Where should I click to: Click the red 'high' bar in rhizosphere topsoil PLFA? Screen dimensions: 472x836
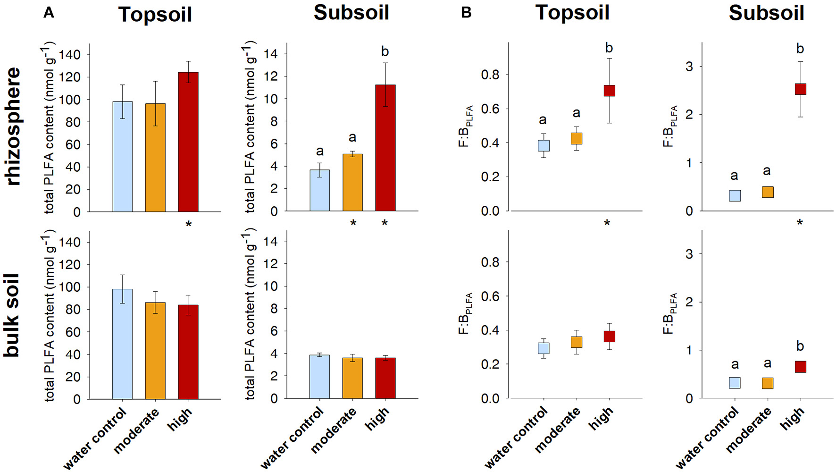pos(188,142)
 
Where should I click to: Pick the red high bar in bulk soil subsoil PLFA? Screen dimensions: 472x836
pos(385,378)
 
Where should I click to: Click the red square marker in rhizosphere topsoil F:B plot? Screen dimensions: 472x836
pos(609,91)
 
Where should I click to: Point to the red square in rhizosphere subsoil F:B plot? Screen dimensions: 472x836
pos(800,89)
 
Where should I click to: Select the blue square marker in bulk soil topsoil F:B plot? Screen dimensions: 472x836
pos(543,348)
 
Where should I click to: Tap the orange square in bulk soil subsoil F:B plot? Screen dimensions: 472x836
pos(767,383)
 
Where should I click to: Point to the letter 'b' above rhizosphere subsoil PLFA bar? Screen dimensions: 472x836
pos(385,51)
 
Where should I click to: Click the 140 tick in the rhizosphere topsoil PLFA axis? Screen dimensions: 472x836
pos(70,55)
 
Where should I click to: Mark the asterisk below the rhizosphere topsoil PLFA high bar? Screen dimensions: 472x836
pos(188,225)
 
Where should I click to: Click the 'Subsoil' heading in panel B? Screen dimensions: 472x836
pos(766,13)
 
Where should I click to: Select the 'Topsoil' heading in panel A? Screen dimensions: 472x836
pos(155,14)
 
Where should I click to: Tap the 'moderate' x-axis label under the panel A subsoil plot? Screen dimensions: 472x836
pos(334,431)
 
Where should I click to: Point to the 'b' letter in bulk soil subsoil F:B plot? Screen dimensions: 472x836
pos(800,346)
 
